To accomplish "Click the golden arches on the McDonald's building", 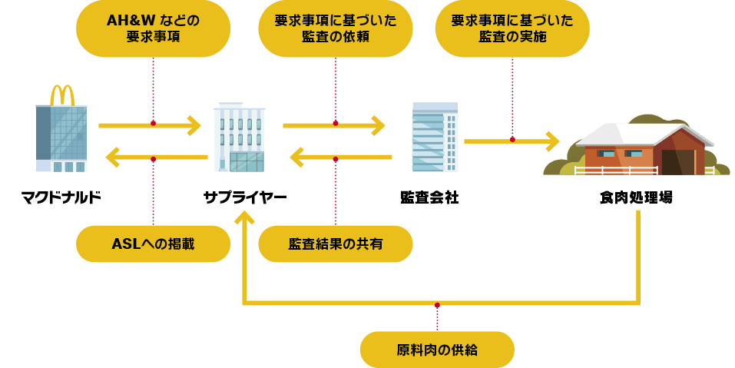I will pyautogui.click(x=62, y=94).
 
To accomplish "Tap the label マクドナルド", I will pyautogui.click(x=61, y=197).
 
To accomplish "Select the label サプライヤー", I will pyautogui.click(x=244, y=197).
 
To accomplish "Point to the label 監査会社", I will pyautogui.click(x=429, y=197).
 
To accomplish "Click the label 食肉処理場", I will pyautogui.click(x=636, y=197).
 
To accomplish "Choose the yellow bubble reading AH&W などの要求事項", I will pyautogui.click(x=153, y=28).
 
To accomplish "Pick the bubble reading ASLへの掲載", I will pyautogui.click(x=153, y=244).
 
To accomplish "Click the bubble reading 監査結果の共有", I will pyautogui.click(x=335, y=244).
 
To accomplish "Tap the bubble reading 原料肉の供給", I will pyautogui.click(x=437, y=350).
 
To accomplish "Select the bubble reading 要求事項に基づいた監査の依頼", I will pyautogui.click(x=335, y=28).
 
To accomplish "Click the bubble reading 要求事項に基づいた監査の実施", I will pyautogui.click(x=512, y=28).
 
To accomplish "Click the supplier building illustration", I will pyautogui.click(x=239, y=138).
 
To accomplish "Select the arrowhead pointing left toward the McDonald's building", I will pyautogui.click(x=112, y=158).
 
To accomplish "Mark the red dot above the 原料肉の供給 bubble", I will pyautogui.click(x=437, y=306).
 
